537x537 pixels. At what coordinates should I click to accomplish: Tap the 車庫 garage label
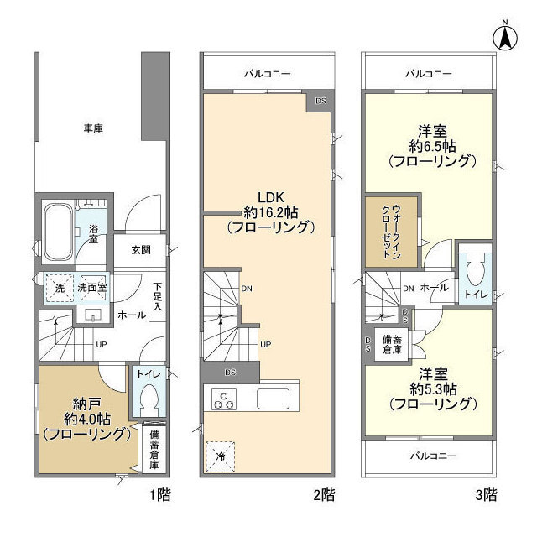click(x=92, y=128)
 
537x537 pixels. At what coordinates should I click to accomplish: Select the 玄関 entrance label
click(x=141, y=249)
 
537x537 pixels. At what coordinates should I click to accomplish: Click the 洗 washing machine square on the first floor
click(x=59, y=287)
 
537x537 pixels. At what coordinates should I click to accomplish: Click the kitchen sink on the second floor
click(x=273, y=399)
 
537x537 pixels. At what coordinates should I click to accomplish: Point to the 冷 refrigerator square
click(x=221, y=456)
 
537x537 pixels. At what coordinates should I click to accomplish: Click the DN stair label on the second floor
click(x=246, y=288)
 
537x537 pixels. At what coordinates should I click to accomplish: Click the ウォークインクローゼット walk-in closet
click(x=390, y=231)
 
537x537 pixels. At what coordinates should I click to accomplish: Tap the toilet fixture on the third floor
click(x=474, y=270)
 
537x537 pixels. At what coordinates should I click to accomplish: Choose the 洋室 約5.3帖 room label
click(x=432, y=389)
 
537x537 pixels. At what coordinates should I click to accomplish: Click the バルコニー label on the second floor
click(x=268, y=74)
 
